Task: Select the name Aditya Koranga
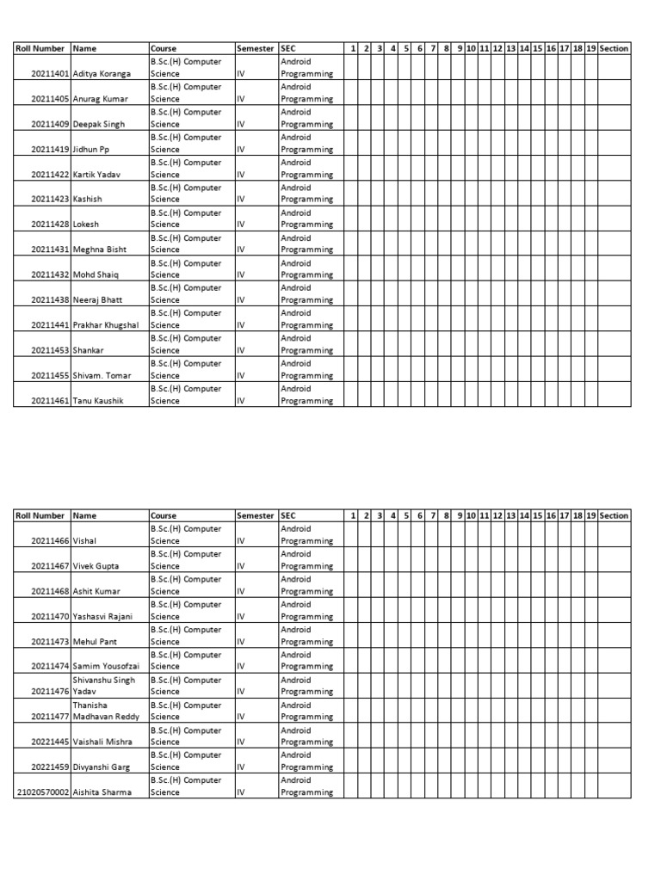102,74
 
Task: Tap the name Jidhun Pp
91,150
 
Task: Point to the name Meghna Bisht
100,250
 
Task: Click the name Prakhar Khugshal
106,325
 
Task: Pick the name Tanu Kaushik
99,401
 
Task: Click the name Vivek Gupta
96,566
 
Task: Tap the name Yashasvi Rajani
102,617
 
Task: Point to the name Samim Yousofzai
106,667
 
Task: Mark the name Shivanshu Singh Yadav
104,686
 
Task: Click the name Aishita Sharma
102,792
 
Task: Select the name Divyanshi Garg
102,767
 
